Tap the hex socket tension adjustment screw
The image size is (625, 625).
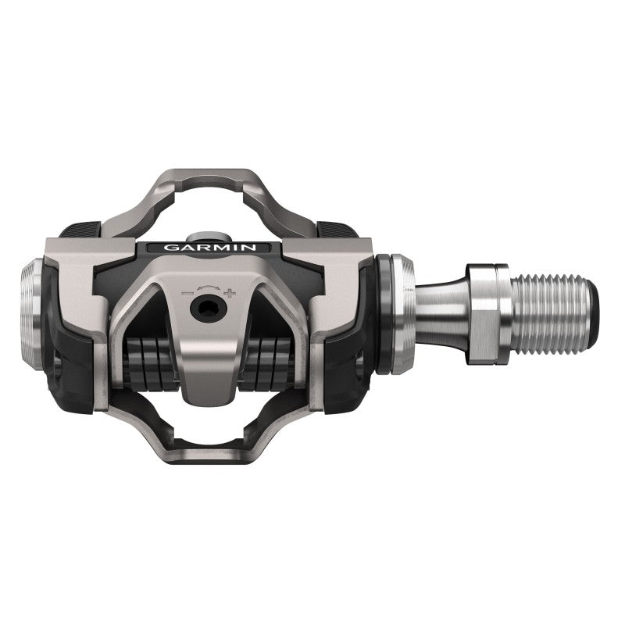(208, 309)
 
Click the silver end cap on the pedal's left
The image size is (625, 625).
(35, 312)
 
